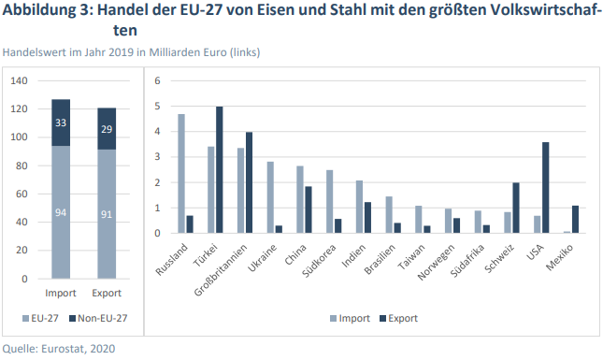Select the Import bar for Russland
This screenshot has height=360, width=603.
181,173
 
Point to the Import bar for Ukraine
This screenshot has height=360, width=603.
270,197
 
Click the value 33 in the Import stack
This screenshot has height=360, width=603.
61,122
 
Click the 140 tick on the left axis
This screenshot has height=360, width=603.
18,80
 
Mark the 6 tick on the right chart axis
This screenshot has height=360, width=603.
157,80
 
